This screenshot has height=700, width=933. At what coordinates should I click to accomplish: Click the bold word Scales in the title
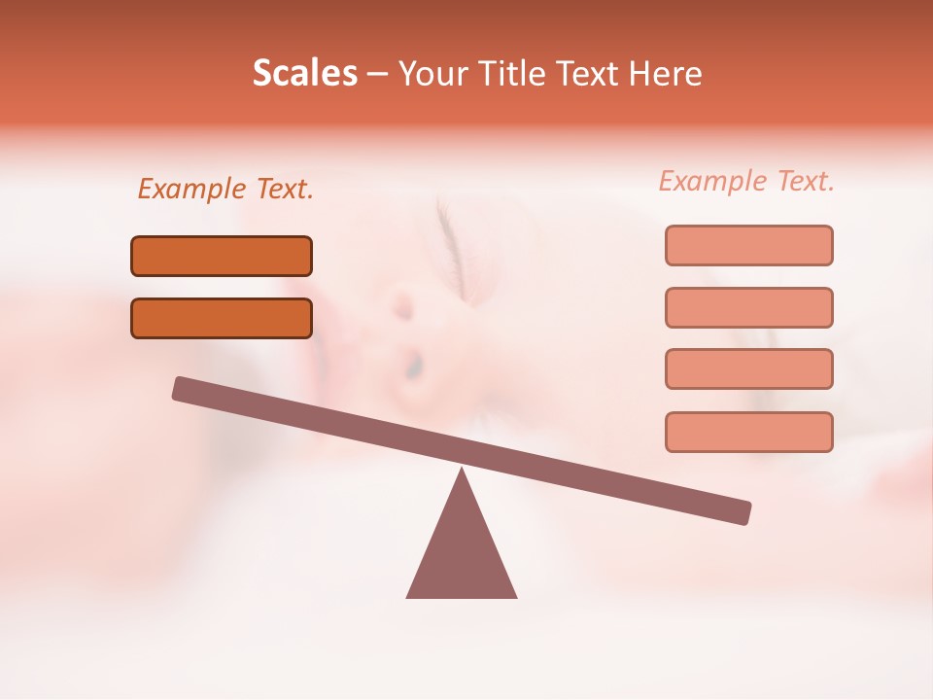click(304, 73)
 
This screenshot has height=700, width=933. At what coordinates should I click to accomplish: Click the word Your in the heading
click(432, 73)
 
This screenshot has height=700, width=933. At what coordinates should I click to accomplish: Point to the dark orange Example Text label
click(225, 189)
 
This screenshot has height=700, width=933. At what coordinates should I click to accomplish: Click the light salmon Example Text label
click(746, 181)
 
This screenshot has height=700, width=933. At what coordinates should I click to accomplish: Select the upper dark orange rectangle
click(222, 256)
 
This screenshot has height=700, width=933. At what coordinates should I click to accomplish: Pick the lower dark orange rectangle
click(222, 318)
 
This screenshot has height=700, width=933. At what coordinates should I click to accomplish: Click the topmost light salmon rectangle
click(748, 245)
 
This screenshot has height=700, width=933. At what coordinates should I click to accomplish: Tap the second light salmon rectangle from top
click(748, 307)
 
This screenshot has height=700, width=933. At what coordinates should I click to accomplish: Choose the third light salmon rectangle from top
click(748, 368)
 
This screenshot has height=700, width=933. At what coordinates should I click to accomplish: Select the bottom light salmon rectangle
click(748, 432)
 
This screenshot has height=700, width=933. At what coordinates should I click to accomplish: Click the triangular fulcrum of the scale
click(462, 554)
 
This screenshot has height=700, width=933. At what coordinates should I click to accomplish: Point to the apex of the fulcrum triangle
click(462, 471)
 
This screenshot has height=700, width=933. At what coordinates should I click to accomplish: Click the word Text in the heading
click(584, 73)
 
